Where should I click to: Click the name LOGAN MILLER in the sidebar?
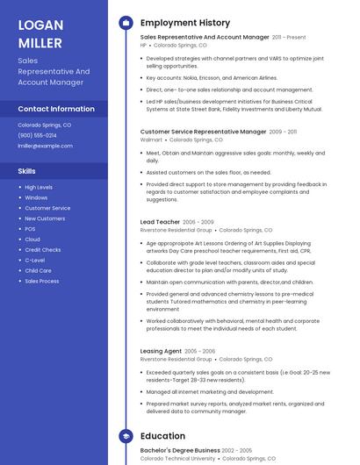click(x=40, y=33)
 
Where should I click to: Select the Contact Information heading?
click(x=56, y=109)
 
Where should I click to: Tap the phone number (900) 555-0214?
click(x=37, y=135)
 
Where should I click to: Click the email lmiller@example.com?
click(x=45, y=146)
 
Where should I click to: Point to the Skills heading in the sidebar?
click(x=27, y=171)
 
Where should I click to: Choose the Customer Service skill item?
click(x=47, y=208)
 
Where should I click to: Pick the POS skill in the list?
click(x=30, y=229)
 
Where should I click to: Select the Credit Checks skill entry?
click(x=42, y=250)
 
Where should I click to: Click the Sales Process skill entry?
click(x=42, y=281)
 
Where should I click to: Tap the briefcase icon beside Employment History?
click(x=126, y=23)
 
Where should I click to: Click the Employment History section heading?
click(x=185, y=23)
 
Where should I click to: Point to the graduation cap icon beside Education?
click(x=126, y=436)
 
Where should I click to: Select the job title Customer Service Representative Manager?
click(x=203, y=132)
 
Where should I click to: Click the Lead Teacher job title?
click(x=160, y=222)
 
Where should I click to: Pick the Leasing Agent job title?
click(x=161, y=351)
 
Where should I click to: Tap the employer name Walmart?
click(x=151, y=139)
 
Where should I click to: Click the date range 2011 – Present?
click(x=289, y=38)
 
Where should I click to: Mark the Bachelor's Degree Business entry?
click(x=180, y=450)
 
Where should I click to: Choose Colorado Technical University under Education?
click(x=177, y=458)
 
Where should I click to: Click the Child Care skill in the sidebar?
click(x=38, y=270)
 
